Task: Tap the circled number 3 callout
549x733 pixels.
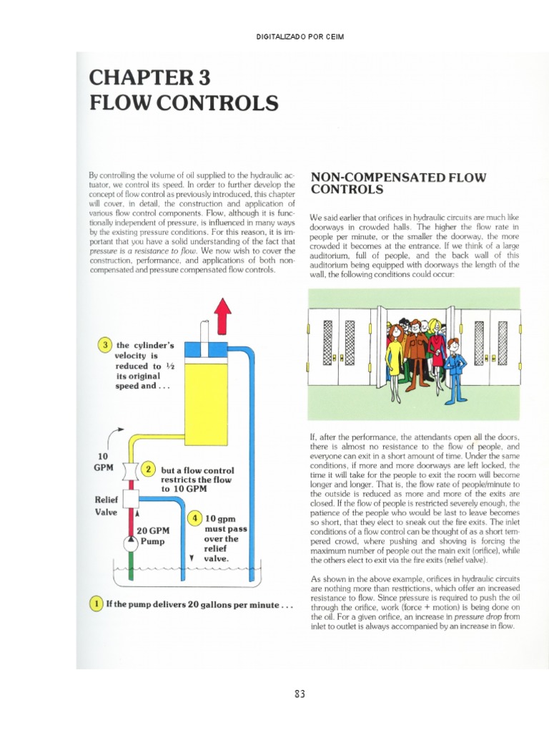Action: coord(105,346)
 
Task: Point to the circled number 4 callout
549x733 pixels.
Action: coord(194,518)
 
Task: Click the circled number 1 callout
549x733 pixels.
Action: coord(96,603)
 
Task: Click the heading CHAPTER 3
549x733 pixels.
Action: coord(149,77)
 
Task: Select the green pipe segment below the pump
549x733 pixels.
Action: coord(130,569)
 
